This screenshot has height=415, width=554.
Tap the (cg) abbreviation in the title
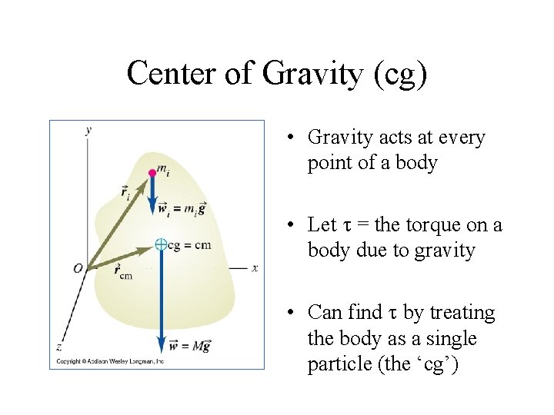click(399, 75)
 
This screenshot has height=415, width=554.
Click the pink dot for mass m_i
click(152, 173)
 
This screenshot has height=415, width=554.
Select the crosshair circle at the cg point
click(161, 244)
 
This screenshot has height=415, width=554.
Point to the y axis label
click(88, 130)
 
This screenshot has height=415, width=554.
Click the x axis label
click(254, 267)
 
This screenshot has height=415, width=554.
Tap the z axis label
click(59, 347)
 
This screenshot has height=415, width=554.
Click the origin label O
click(78, 268)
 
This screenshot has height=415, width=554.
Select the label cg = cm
click(189, 245)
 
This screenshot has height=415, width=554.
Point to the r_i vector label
click(125, 192)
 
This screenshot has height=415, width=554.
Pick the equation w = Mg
click(189, 347)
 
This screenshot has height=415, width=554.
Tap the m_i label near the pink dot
click(164, 168)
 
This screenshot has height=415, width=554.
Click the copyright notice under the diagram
click(108, 361)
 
